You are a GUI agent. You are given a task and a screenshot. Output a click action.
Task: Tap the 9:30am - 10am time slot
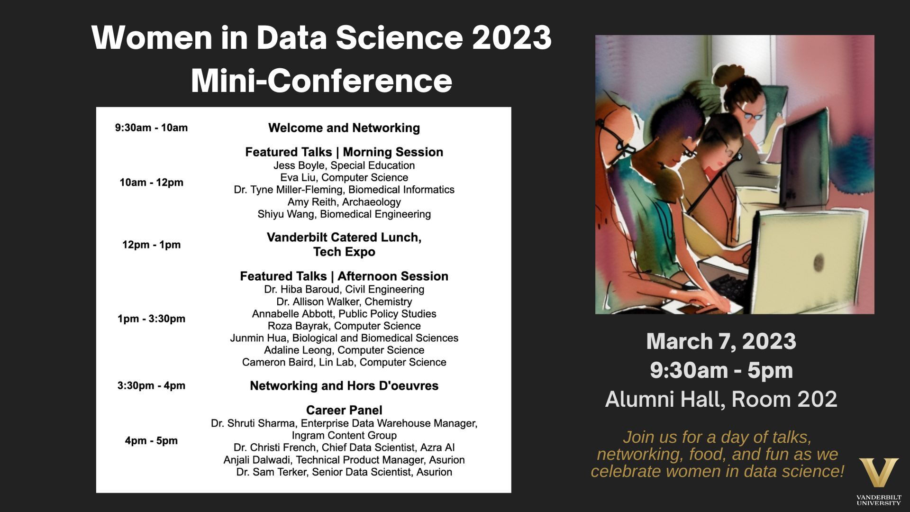click(151, 128)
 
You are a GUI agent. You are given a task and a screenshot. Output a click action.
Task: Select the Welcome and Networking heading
click(344, 128)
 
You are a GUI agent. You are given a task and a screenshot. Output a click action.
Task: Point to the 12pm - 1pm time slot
click(151, 245)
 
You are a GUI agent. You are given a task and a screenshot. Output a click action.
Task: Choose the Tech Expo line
click(344, 252)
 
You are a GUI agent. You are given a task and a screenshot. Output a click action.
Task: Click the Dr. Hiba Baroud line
click(344, 290)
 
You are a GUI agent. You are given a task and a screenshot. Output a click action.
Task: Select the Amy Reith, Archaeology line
click(344, 202)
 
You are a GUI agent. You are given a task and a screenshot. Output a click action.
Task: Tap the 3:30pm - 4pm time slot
click(151, 386)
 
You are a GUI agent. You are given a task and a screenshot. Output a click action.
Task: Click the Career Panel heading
click(344, 410)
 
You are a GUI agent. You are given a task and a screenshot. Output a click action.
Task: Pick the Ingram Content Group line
click(344, 436)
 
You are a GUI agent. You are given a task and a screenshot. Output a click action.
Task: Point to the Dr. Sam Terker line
click(344, 472)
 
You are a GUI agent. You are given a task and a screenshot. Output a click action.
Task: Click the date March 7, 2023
click(721, 341)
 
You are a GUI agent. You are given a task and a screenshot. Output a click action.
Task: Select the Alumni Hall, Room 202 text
click(721, 399)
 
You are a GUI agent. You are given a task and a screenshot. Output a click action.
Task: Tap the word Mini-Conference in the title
click(321, 81)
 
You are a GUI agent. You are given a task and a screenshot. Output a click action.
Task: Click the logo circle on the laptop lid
click(818, 261)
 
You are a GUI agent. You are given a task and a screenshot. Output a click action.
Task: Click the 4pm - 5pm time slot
click(151, 441)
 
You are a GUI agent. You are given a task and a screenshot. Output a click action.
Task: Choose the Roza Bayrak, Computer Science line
click(344, 326)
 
